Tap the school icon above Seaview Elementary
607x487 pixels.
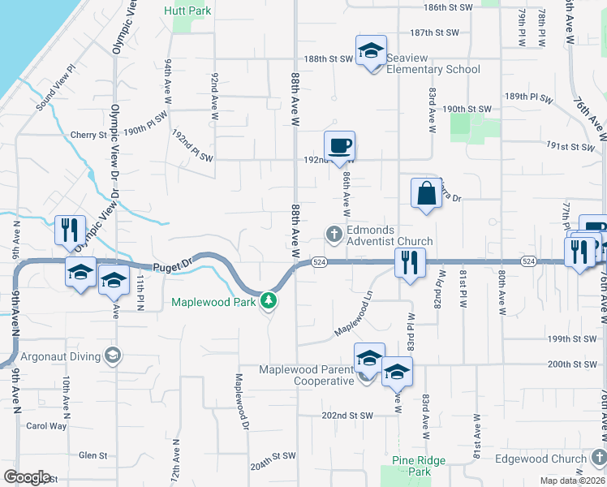coord(371,51)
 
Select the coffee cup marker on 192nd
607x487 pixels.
coord(339,146)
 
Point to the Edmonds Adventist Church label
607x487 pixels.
coord(390,235)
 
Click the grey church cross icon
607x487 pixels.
coord(334,235)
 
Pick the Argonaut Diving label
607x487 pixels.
coord(68,356)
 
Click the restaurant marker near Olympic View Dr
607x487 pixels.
coord(69,231)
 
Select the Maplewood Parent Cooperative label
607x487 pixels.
coord(307,375)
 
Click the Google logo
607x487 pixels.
coord(27,477)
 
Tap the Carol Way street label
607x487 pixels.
coord(46,425)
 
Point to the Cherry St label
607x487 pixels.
coord(84,135)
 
